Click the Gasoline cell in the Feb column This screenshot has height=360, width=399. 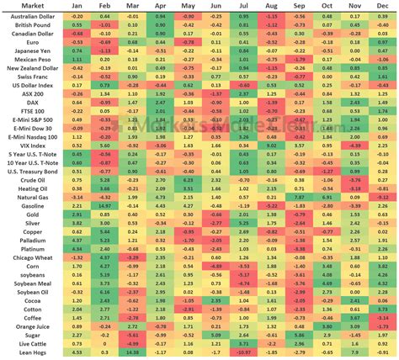pos(104,204)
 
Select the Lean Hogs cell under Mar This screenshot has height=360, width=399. pos(132,351)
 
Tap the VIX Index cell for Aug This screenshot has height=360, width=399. pos(272,145)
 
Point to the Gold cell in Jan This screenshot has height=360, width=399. pos(77,214)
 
